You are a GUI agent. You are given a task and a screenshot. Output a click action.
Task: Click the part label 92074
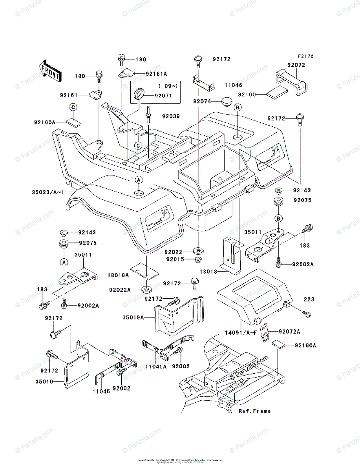click(202, 101)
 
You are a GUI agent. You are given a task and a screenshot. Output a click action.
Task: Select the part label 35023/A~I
click(47, 192)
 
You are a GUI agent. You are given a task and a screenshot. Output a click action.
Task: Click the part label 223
click(309, 299)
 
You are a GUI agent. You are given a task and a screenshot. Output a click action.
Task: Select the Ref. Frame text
click(254, 411)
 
